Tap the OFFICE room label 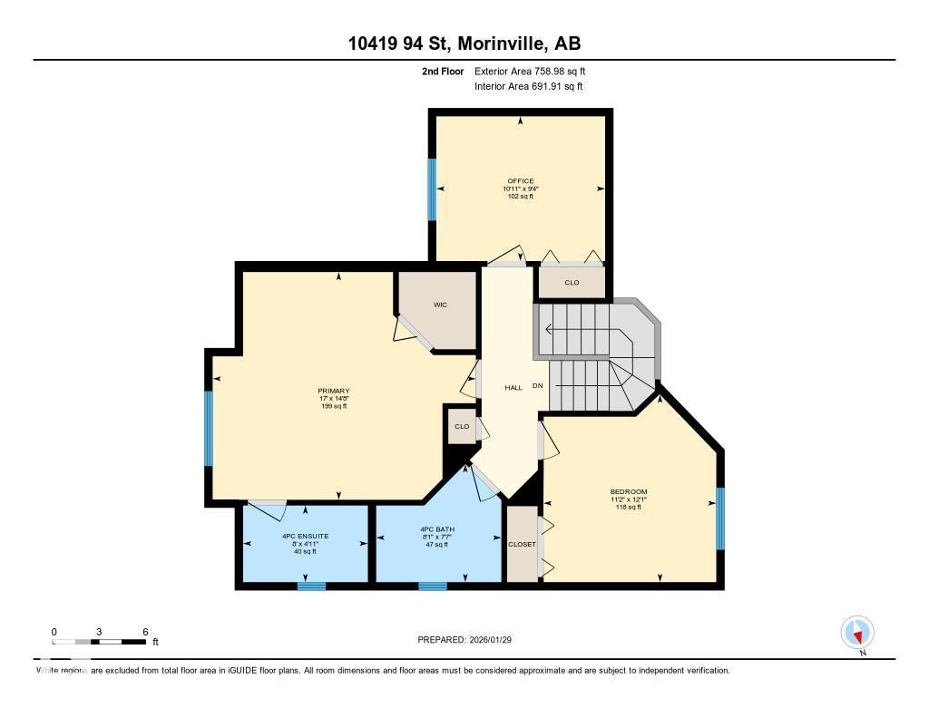(x=520, y=180)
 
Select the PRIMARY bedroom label (x=333, y=391)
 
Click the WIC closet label (x=440, y=305)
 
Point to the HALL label (x=513, y=387)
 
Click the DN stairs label (x=537, y=386)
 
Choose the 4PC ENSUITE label (x=305, y=536)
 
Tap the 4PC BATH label (x=437, y=529)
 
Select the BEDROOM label (x=628, y=492)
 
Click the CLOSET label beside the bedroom (x=522, y=544)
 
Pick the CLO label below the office (x=572, y=283)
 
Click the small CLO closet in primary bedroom (x=462, y=426)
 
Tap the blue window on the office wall (x=432, y=189)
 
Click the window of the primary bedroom (x=209, y=428)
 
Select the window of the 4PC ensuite (x=311, y=586)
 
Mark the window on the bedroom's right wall (x=720, y=518)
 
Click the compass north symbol (x=856, y=632)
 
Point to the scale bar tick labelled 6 (x=145, y=632)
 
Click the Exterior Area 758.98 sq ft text (x=535, y=71)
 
